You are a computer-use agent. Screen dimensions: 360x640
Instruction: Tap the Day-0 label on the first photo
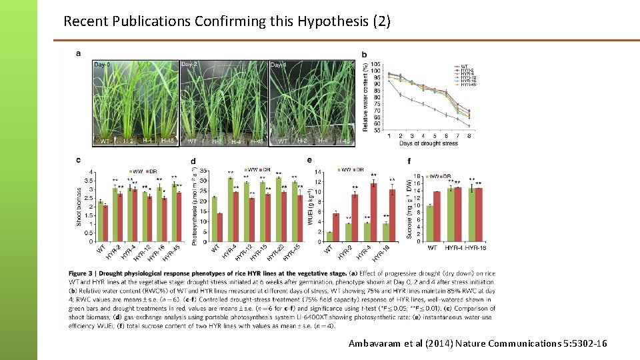pos(102,65)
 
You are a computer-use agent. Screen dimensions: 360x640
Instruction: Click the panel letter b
pos(364,54)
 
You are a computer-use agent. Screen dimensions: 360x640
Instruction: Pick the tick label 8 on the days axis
pos(469,136)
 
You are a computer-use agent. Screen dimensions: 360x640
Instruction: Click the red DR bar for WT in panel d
pos(220,227)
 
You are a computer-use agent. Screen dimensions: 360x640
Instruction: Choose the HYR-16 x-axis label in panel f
pos(477,248)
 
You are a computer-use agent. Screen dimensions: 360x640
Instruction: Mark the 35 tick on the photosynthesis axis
pos(203,171)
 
